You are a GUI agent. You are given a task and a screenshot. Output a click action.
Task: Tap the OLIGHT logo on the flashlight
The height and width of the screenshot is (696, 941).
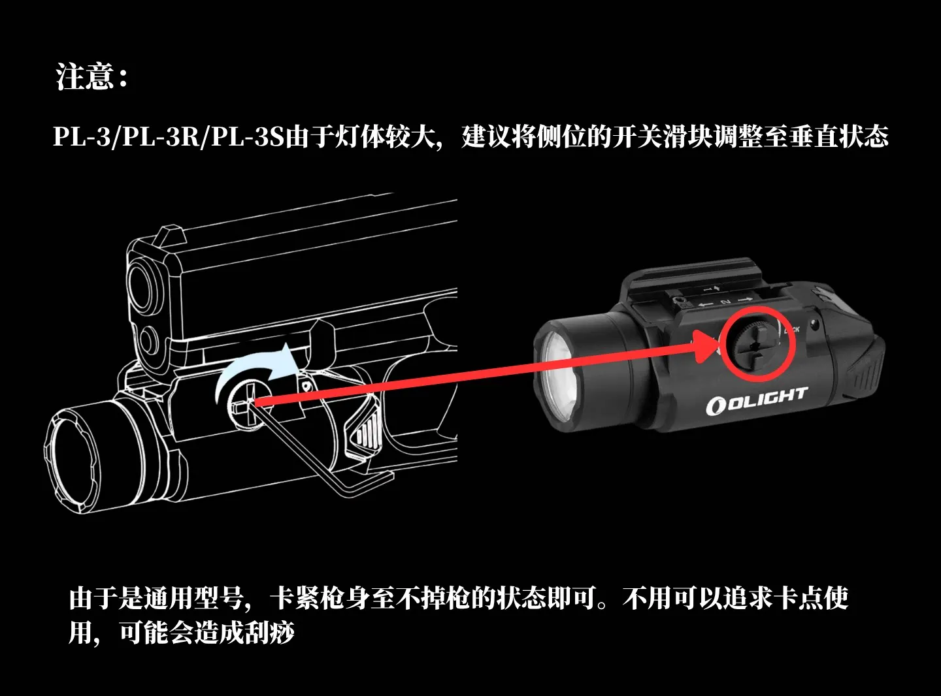(757, 400)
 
